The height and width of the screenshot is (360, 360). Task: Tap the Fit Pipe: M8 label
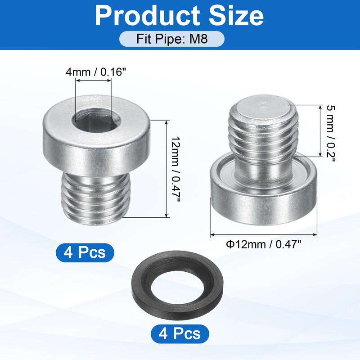point(171,38)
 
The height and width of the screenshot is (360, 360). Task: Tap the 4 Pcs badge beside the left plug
point(85,252)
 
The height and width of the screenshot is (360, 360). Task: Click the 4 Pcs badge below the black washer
point(179,334)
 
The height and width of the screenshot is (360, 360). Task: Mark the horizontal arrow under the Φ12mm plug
point(264,234)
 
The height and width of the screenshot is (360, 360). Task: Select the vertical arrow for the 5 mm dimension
point(319,130)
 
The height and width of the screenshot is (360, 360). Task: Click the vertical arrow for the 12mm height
point(167,168)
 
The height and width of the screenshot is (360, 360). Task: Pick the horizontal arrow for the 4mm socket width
point(93,81)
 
